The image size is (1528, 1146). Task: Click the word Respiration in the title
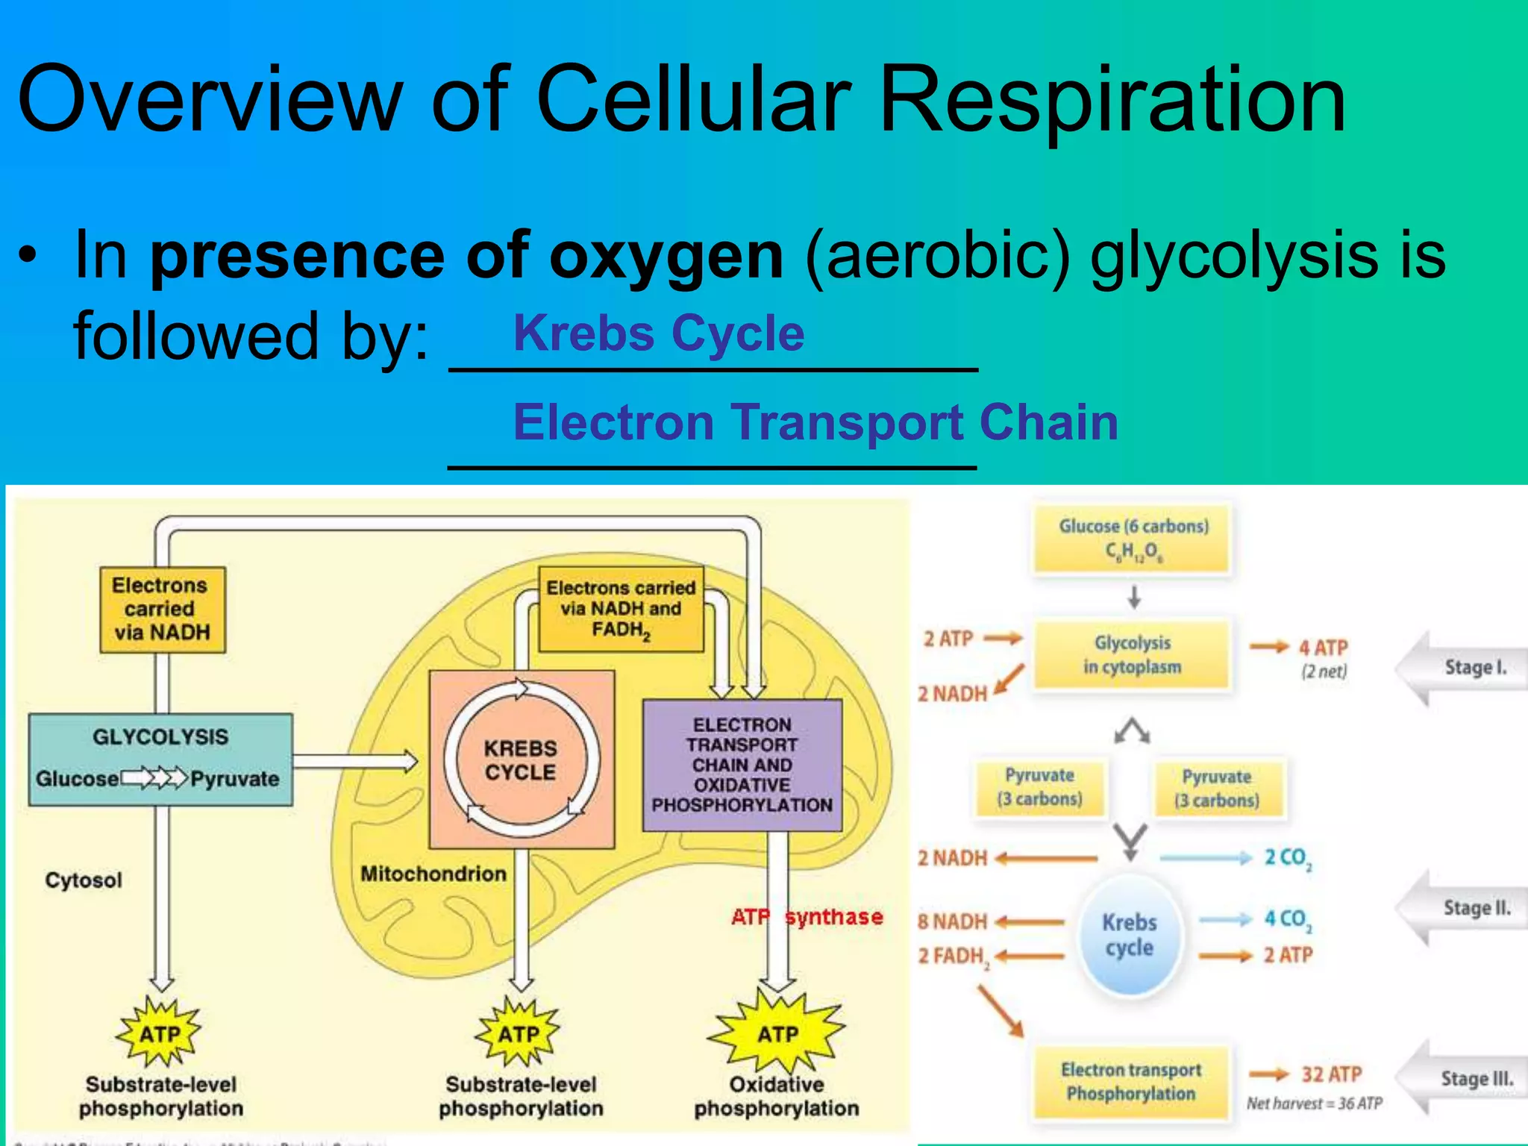[1112, 101]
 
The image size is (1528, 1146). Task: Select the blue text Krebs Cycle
[659, 333]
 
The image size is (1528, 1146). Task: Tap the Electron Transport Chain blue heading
[815, 422]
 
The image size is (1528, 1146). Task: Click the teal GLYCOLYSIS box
[160, 759]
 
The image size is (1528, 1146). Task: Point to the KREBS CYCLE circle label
[521, 760]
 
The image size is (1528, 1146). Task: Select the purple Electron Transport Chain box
[742, 765]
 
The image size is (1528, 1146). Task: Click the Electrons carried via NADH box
[163, 609]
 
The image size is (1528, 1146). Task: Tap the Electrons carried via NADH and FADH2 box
[621, 609]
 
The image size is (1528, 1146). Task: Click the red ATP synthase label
[807, 916]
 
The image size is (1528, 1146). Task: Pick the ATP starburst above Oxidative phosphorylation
[777, 1033]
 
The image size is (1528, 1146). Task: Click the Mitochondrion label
[433, 874]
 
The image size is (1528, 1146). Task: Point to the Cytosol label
[84, 880]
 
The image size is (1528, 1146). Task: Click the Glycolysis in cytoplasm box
[1132, 654]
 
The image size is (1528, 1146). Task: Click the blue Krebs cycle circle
[1130, 936]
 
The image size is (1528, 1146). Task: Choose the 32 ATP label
[1331, 1074]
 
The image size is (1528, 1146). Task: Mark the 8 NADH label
[953, 921]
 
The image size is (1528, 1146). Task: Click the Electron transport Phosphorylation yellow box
[1131, 1082]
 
